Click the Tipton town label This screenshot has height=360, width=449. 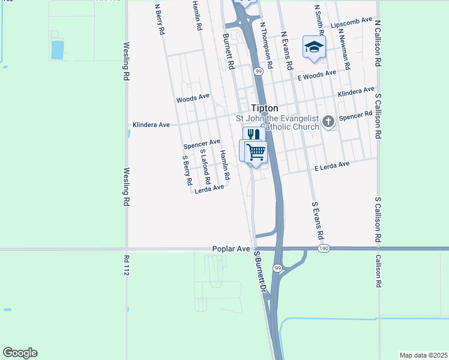coord(264,108)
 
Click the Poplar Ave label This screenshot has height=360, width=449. coord(231,248)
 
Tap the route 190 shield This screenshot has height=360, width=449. coord(324,248)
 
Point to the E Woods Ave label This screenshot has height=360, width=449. coord(317,75)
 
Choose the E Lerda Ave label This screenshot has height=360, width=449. coord(331,166)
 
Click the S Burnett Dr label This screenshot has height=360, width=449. coord(260,271)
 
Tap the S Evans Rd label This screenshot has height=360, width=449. coord(318,220)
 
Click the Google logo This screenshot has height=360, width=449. coord(20,353)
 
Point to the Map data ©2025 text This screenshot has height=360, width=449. coord(423,355)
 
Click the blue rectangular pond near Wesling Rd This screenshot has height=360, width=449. coord(57,50)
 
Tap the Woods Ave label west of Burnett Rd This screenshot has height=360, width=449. coord(193,97)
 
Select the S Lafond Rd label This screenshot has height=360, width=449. coord(205,169)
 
